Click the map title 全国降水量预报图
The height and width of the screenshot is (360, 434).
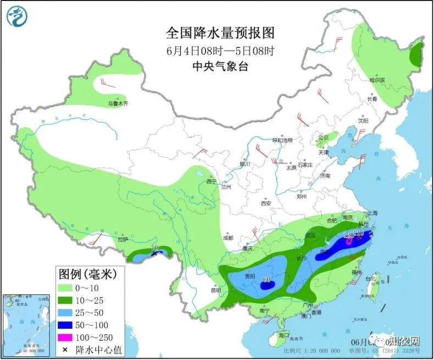(220, 33)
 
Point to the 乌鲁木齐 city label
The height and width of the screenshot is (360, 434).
(117, 103)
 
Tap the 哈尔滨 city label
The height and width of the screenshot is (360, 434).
(377, 80)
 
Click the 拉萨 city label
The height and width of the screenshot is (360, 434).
(122, 239)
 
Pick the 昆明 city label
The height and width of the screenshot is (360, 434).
(216, 290)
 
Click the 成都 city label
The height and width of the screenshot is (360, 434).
(228, 238)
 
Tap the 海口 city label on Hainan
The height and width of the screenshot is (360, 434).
(283, 334)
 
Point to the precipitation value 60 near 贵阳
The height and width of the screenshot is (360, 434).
(267, 279)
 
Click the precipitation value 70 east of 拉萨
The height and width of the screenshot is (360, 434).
(154, 249)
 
